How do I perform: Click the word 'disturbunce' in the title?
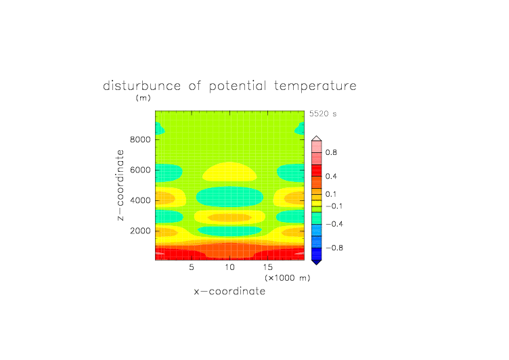coord(142,86)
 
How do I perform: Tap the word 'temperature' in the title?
coord(315,87)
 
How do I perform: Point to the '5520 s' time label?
coord(323,114)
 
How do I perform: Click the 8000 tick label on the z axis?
coord(140,139)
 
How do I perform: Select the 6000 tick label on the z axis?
coord(140,170)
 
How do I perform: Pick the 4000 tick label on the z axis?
coord(140,200)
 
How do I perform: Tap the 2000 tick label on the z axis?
coord(140,231)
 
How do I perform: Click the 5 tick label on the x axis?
coord(192,267)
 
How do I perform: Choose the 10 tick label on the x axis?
coord(230,267)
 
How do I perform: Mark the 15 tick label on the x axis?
coord(268,267)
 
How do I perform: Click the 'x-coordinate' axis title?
coord(230,291)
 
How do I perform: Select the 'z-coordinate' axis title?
coord(120,185)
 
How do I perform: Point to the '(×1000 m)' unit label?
coord(287,278)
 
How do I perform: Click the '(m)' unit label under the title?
coord(143,97)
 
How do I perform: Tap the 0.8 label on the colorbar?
coord(331,152)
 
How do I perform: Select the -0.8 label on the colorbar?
coord(334,248)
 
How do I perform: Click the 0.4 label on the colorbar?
coord(331,176)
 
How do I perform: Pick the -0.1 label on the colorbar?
coord(334,206)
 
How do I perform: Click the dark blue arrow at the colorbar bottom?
coord(317,262)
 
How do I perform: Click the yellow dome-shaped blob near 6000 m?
coord(230,172)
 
